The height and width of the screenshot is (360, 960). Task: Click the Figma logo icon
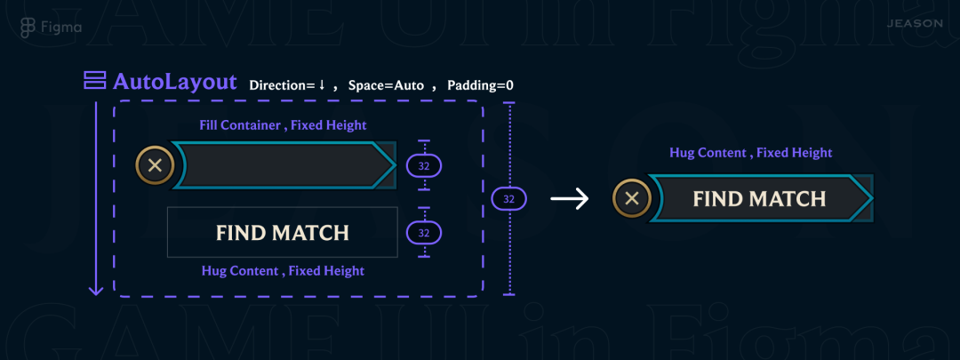(28, 27)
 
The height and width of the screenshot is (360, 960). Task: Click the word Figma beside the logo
(61, 27)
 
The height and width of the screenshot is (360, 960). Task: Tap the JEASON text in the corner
(915, 23)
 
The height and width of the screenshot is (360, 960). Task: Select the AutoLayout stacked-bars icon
(94, 82)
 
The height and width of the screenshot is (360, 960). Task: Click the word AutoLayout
(175, 83)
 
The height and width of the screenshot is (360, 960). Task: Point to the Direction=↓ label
(287, 85)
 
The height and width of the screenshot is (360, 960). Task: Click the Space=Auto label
(385, 85)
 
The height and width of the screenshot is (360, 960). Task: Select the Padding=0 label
(480, 85)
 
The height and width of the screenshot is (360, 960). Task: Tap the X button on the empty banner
(155, 165)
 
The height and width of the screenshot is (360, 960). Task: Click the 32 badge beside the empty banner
(424, 165)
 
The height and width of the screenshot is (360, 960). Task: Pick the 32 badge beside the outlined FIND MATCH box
(424, 233)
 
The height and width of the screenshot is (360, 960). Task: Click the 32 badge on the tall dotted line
(508, 199)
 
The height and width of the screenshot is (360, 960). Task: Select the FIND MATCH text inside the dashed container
(283, 233)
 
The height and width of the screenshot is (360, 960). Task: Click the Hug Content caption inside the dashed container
(283, 270)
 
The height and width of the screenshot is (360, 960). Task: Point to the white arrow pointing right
(570, 199)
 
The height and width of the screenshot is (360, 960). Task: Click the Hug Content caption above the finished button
(750, 153)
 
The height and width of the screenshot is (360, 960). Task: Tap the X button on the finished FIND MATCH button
(632, 199)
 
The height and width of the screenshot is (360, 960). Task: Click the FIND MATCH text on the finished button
(759, 199)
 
